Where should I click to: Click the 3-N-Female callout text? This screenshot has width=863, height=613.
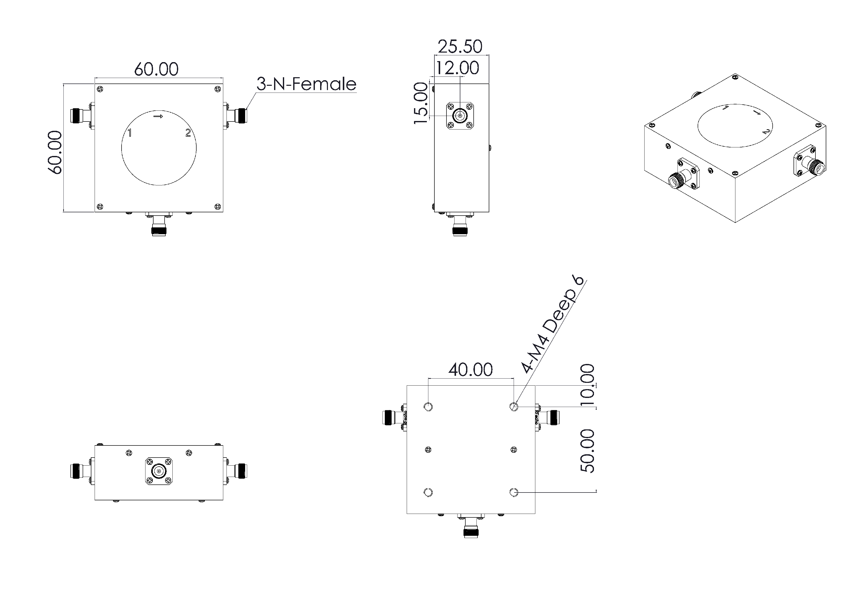(x=306, y=84)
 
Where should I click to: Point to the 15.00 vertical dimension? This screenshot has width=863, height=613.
(x=421, y=103)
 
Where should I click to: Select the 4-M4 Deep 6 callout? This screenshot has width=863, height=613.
(x=552, y=325)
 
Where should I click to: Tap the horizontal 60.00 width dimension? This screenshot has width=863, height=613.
(x=156, y=69)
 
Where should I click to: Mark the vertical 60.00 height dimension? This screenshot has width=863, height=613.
(x=55, y=152)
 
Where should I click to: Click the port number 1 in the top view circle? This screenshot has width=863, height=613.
(x=130, y=133)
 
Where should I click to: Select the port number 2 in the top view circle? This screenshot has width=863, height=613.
(x=188, y=133)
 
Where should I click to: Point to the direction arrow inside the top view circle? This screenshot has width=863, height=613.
(x=158, y=116)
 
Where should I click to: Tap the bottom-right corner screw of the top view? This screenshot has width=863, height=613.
(x=217, y=207)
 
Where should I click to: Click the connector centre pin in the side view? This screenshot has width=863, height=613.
(x=460, y=115)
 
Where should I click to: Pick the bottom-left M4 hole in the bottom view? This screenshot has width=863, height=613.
(x=428, y=493)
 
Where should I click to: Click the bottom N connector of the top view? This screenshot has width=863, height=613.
(x=159, y=228)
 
